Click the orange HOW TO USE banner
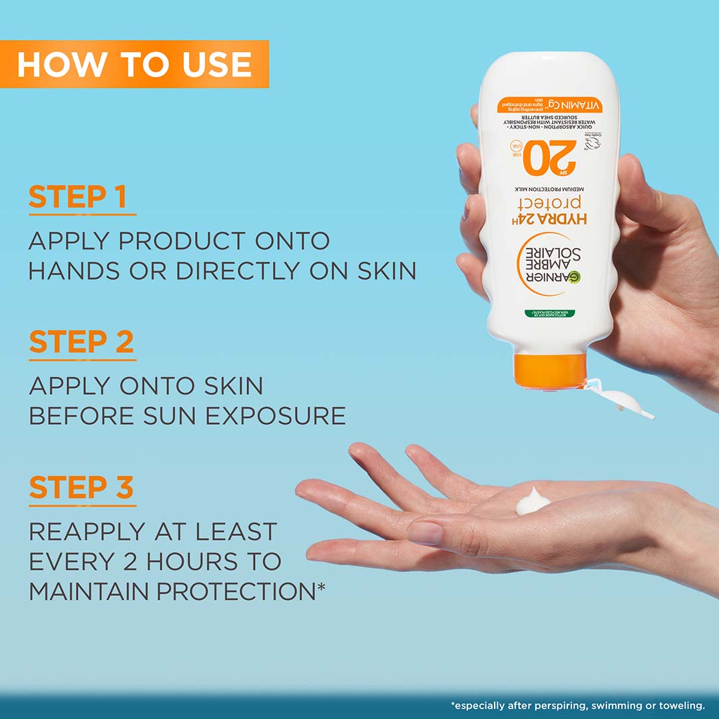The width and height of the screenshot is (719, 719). pyautogui.click(x=134, y=64)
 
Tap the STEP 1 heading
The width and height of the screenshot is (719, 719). pyautogui.click(x=78, y=198)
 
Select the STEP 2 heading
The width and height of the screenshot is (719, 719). pyautogui.click(x=81, y=343)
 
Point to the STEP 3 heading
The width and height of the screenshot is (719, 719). pyautogui.click(x=81, y=488)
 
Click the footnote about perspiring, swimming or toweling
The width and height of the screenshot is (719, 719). pyautogui.click(x=578, y=705)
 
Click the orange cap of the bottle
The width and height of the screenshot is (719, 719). pyautogui.click(x=550, y=371)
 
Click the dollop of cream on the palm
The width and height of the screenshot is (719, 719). pyautogui.click(x=533, y=501)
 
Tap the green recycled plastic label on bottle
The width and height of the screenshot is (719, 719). pyautogui.click(x=550, y=313)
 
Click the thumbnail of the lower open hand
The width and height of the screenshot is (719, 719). pyautogui.click(x=425, y=533)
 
